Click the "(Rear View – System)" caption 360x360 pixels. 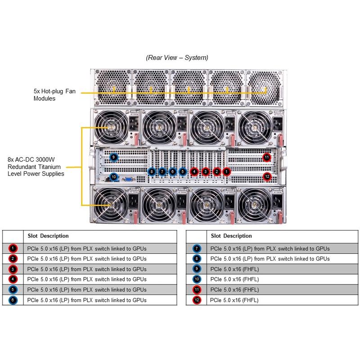tap(177, 58)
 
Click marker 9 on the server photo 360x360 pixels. tap(114, 157)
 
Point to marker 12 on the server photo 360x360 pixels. tap(267, 177)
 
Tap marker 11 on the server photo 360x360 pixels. tap(267, 157)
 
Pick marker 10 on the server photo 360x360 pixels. tap(114, 177)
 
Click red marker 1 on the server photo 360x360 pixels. tap(227, 171)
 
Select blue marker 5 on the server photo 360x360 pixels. tap(183, 171)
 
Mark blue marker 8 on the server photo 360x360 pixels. tap(152, 171)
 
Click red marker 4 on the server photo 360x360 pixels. tap(194, 171)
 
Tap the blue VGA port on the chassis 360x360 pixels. tap(128, 179)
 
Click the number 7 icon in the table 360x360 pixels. tap(197, 248)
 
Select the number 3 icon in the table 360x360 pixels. tap(13, 269)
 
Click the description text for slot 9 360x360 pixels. tap(234, 269)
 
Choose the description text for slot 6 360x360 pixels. tap(87, 300)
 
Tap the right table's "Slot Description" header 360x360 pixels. tap(232, 236)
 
